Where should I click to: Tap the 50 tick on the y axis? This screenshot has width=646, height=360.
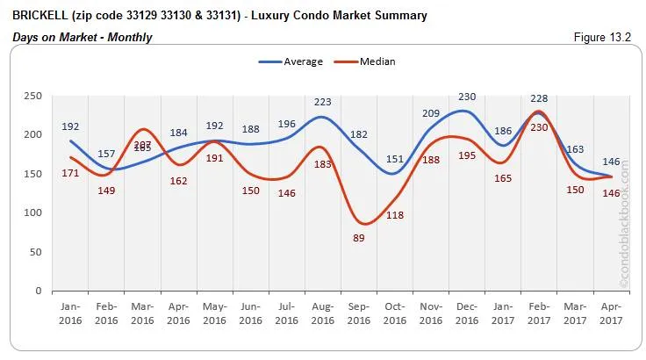tap(35, 252)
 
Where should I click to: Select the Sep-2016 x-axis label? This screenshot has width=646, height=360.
tap(359, 314)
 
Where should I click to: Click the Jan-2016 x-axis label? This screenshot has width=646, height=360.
tap(70, 314)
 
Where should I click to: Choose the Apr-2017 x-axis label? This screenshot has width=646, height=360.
tap(611, 314)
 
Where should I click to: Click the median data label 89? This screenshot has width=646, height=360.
tap(359, 238)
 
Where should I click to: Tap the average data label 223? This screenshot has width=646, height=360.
tap(323, 103)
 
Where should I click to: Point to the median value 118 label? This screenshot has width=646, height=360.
tap(395, 215)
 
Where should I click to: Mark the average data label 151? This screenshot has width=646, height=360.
tap(395, 159)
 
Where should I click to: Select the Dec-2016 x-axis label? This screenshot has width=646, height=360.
tap(467, 314)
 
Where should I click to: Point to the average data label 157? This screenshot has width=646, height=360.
tap(106, 155)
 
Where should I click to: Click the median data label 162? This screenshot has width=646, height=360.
tap(178, 181)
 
